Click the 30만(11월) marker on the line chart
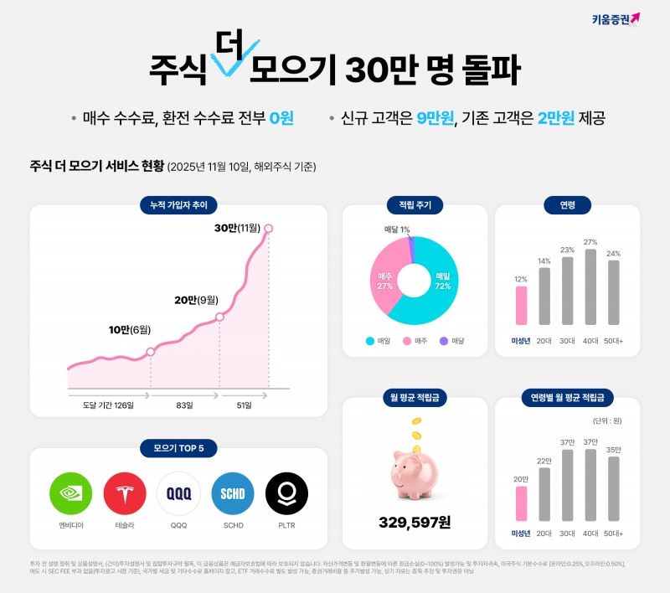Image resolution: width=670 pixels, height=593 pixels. click(268, 228)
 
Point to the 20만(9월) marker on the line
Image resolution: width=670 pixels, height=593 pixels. click(219, 317)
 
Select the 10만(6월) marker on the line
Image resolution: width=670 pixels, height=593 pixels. click(150, 352)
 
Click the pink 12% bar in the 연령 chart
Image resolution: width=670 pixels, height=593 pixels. click(521, 305)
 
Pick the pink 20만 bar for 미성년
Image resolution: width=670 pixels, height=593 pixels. click(521, 503)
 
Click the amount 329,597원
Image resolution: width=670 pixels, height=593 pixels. click(415, 523)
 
